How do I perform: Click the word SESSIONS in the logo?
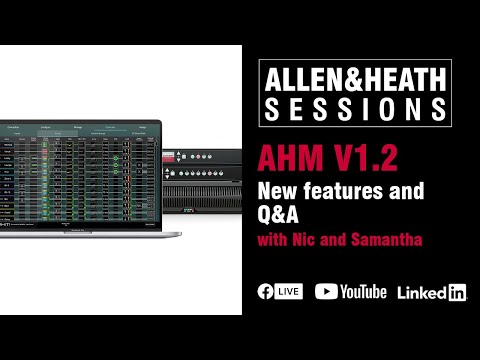click(x=355, y=106)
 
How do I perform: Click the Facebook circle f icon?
click(x=266, y=292)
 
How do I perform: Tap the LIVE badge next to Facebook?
click(x=289, y=292)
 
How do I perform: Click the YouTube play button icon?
click(x=326, y=292)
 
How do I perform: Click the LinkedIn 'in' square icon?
click(x=457, y=293)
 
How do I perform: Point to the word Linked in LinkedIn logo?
click(x=421, y=293)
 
